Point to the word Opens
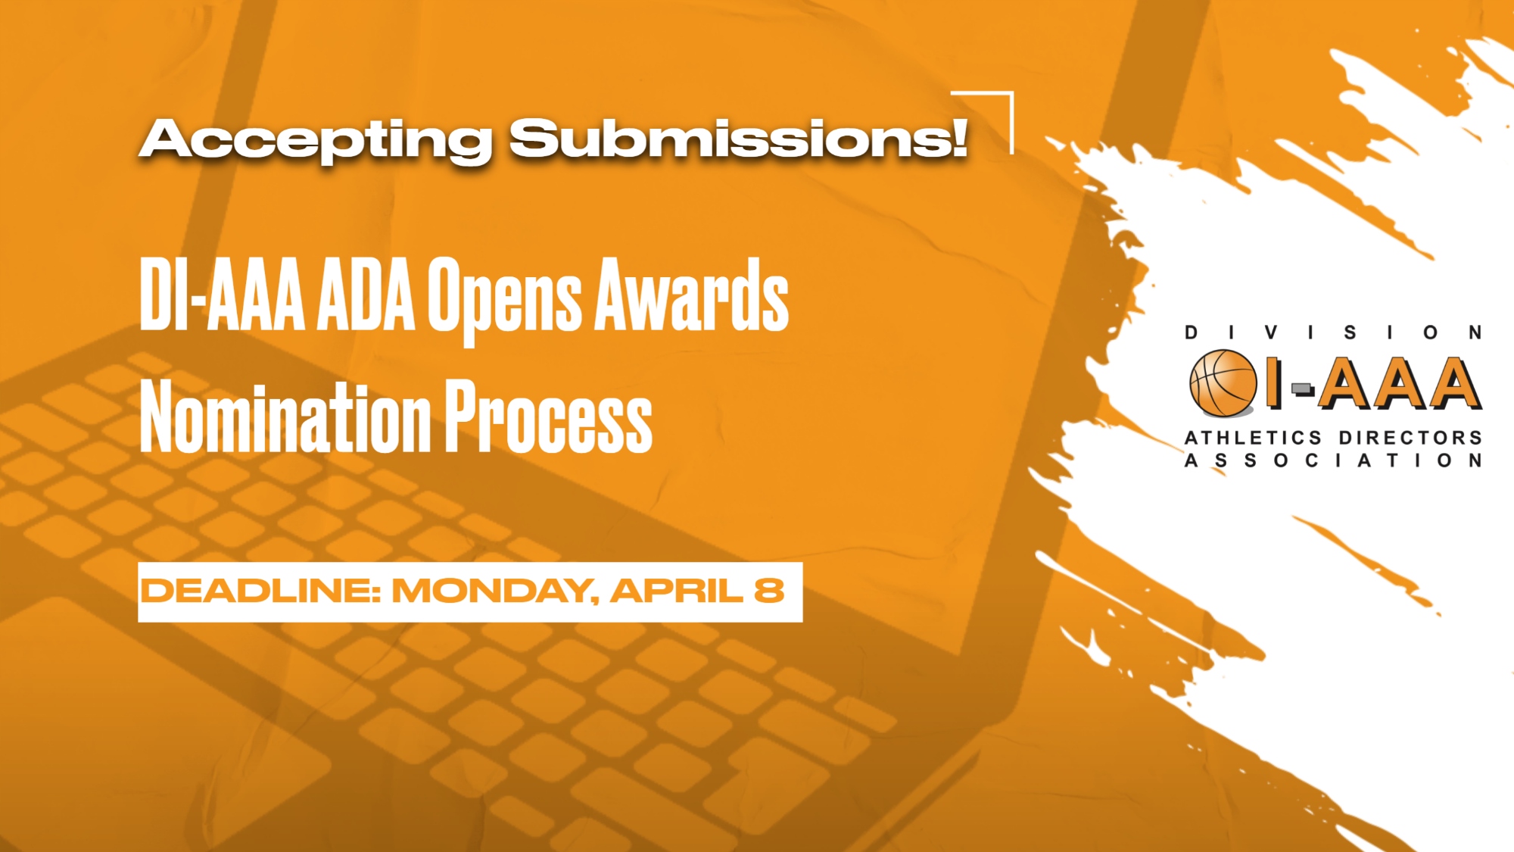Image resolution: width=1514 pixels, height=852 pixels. point(504,300)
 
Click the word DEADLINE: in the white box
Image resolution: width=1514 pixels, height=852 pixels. point(260,591)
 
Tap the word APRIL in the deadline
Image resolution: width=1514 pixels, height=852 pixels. point(676,591)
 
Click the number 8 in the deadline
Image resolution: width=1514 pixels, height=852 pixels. point(769,591)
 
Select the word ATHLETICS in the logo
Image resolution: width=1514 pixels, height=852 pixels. point(1253,438)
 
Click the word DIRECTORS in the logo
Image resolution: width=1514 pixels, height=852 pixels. point(1410,438)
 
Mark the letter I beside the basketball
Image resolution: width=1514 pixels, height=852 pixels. point(1274,383)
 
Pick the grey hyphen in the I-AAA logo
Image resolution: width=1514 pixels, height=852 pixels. point(1302,389)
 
